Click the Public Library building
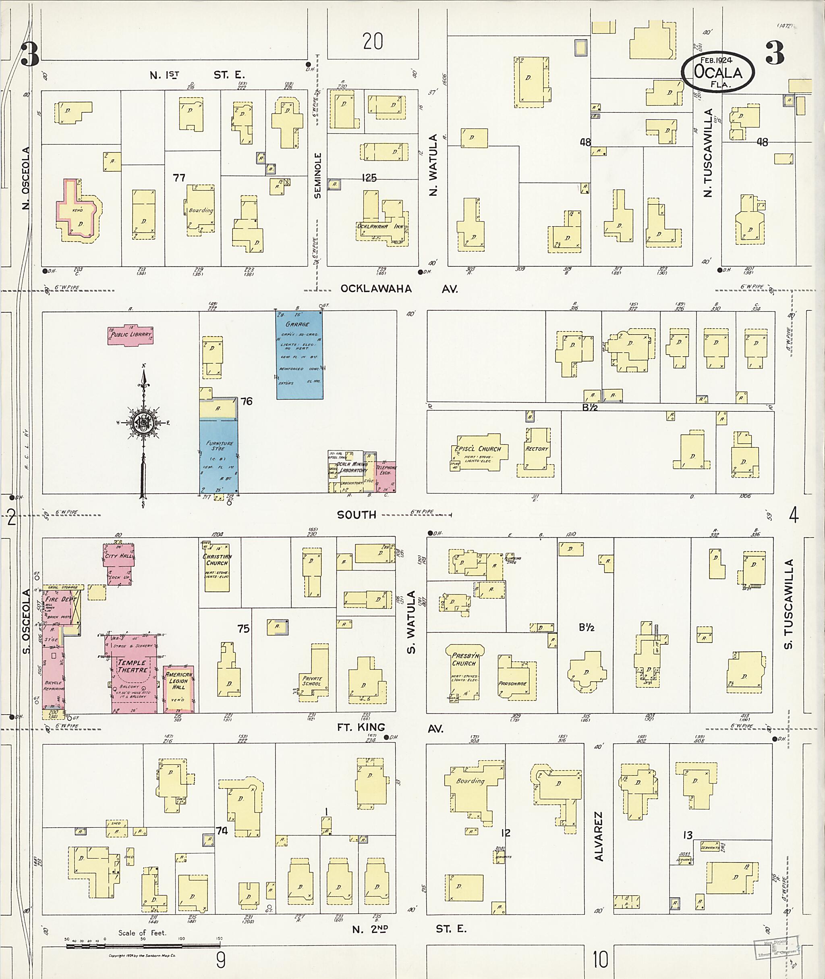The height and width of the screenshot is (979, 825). pos(131,335)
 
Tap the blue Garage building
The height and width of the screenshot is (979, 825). pos(299,355)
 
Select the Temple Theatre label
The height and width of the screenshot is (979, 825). pos(131,666)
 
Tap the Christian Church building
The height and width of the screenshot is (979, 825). pos(217,567)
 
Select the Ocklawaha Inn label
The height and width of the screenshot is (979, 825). pos(379,227)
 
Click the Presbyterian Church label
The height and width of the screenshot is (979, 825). pos(464,659)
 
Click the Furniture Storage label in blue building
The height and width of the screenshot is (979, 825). pos(219,445)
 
